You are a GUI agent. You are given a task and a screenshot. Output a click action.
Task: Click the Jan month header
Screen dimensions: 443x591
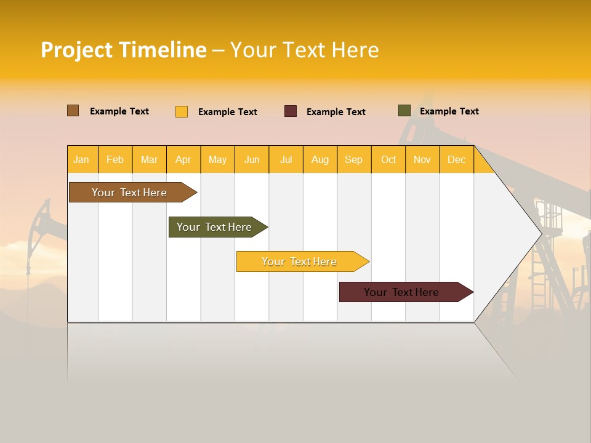point(81,160)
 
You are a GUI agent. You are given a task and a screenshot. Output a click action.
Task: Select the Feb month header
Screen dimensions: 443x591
point(115,160)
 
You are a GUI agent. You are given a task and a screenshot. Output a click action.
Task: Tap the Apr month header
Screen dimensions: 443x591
point(183,160)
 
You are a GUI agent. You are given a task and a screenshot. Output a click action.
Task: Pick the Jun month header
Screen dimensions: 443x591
point(252,160)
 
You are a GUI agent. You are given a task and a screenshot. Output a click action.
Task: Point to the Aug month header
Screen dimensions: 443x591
point(320,160)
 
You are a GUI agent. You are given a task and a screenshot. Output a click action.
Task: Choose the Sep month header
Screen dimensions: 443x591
point(354,160)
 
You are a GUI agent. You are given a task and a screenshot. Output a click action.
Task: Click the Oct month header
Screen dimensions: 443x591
point(388,160)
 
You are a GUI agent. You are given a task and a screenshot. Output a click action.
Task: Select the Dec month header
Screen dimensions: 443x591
point(457,160)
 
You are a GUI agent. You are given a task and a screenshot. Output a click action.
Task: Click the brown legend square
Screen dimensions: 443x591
point(73,111)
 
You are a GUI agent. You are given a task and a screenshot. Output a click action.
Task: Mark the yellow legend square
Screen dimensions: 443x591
point(182,111)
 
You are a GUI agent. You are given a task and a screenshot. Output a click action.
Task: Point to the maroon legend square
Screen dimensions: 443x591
point(291,111)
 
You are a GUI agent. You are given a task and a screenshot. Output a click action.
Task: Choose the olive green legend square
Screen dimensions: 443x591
point(404,111)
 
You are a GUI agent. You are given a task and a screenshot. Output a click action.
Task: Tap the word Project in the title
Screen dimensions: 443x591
point(78,50)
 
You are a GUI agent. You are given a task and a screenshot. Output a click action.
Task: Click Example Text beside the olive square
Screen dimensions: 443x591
point(449,111)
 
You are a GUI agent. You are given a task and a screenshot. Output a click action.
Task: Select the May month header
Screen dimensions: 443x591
point(217,160)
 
